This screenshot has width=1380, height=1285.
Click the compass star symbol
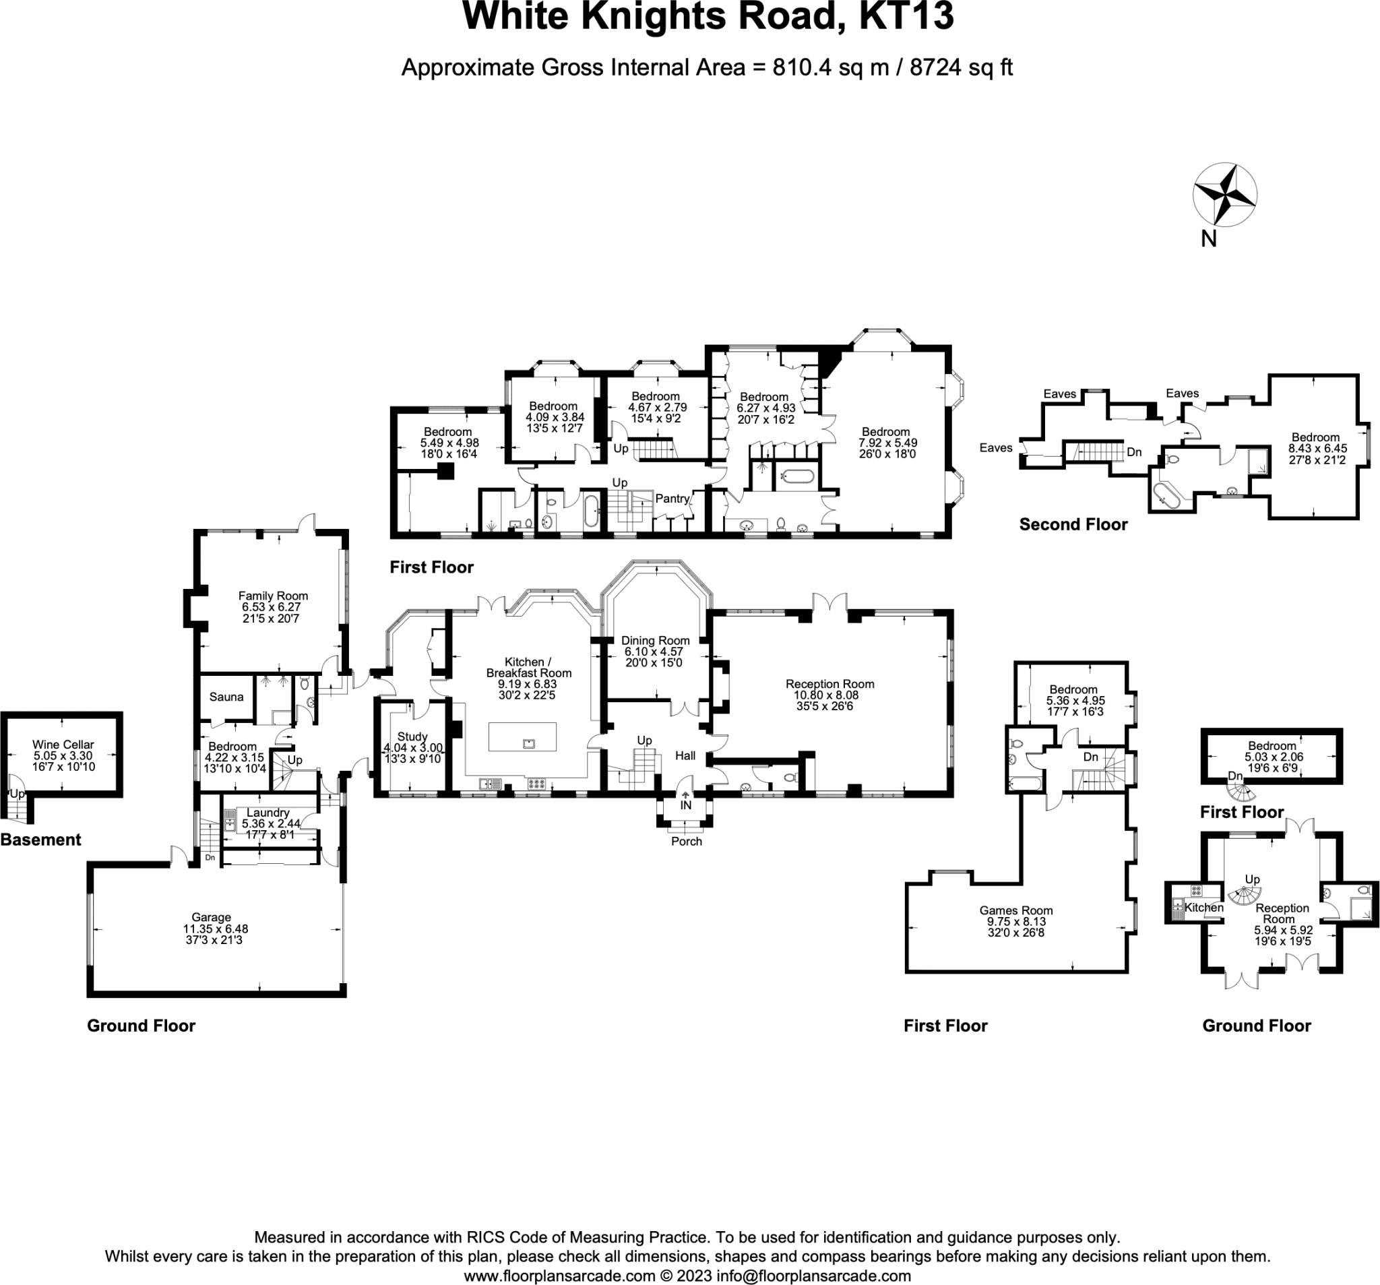1224,195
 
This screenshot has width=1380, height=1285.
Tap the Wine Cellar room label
63,745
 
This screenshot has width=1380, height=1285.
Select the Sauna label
226,697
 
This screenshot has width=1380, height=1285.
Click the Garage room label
211,917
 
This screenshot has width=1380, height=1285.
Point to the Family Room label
273,596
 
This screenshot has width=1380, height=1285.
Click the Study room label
412,736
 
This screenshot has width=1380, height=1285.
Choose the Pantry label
672,499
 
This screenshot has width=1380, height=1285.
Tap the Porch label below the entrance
687,842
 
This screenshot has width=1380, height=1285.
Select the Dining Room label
655,641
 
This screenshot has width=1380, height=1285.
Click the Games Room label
1015,910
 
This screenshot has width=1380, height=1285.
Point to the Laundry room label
268,812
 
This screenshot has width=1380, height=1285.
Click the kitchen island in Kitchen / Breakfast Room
522,737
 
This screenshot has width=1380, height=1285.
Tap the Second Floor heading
1073,525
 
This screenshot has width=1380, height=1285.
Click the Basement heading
41,840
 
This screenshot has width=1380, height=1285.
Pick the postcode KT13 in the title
906,17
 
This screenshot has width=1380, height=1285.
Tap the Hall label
685,756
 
